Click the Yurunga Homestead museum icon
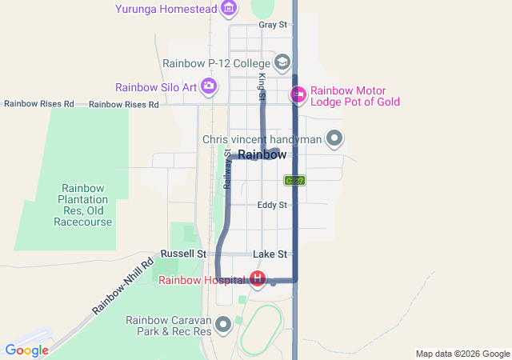[x=230, y=9]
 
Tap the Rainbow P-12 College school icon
[x=282, y=62]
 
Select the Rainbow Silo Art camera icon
[x=209, y=86]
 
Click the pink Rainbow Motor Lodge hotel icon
[x=298, y=95]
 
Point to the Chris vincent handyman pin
[x=335, y=139]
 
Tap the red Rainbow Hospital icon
[x=258, y=279]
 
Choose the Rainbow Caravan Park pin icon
[x=223, y=325]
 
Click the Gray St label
[x=273, y=25]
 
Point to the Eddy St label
[x=272, y=206]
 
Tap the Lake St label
[x=270, y=254]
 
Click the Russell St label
[x=178, y=254]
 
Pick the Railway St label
[x=226, y=169]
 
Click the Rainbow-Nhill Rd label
[x=122, y=286]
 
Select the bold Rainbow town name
[x=262, y=154]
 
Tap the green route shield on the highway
[x=294, y=181]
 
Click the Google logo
[x=26, y=350]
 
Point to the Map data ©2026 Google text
[x=462, y=354]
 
